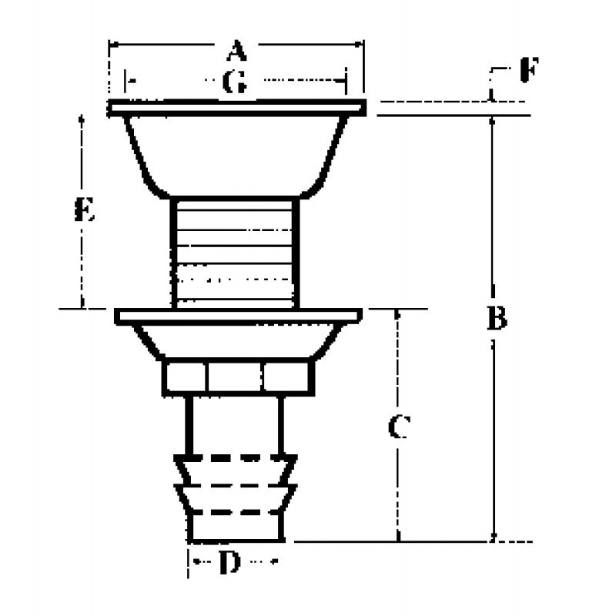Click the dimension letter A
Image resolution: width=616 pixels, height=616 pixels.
(x=236, y=52)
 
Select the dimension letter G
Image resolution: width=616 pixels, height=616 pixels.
(x=235, y=82)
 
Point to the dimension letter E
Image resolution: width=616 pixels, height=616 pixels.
(x=84, y=209)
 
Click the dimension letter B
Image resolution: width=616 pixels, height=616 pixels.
(x=497, y=317)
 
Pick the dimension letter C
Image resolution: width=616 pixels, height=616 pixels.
(x=398, y=427)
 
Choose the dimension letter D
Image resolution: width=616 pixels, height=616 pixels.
(x=229, y=564)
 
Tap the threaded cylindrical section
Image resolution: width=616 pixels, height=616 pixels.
(x=235, y=250)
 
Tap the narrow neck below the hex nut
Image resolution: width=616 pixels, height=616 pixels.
(x=234, y=423)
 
